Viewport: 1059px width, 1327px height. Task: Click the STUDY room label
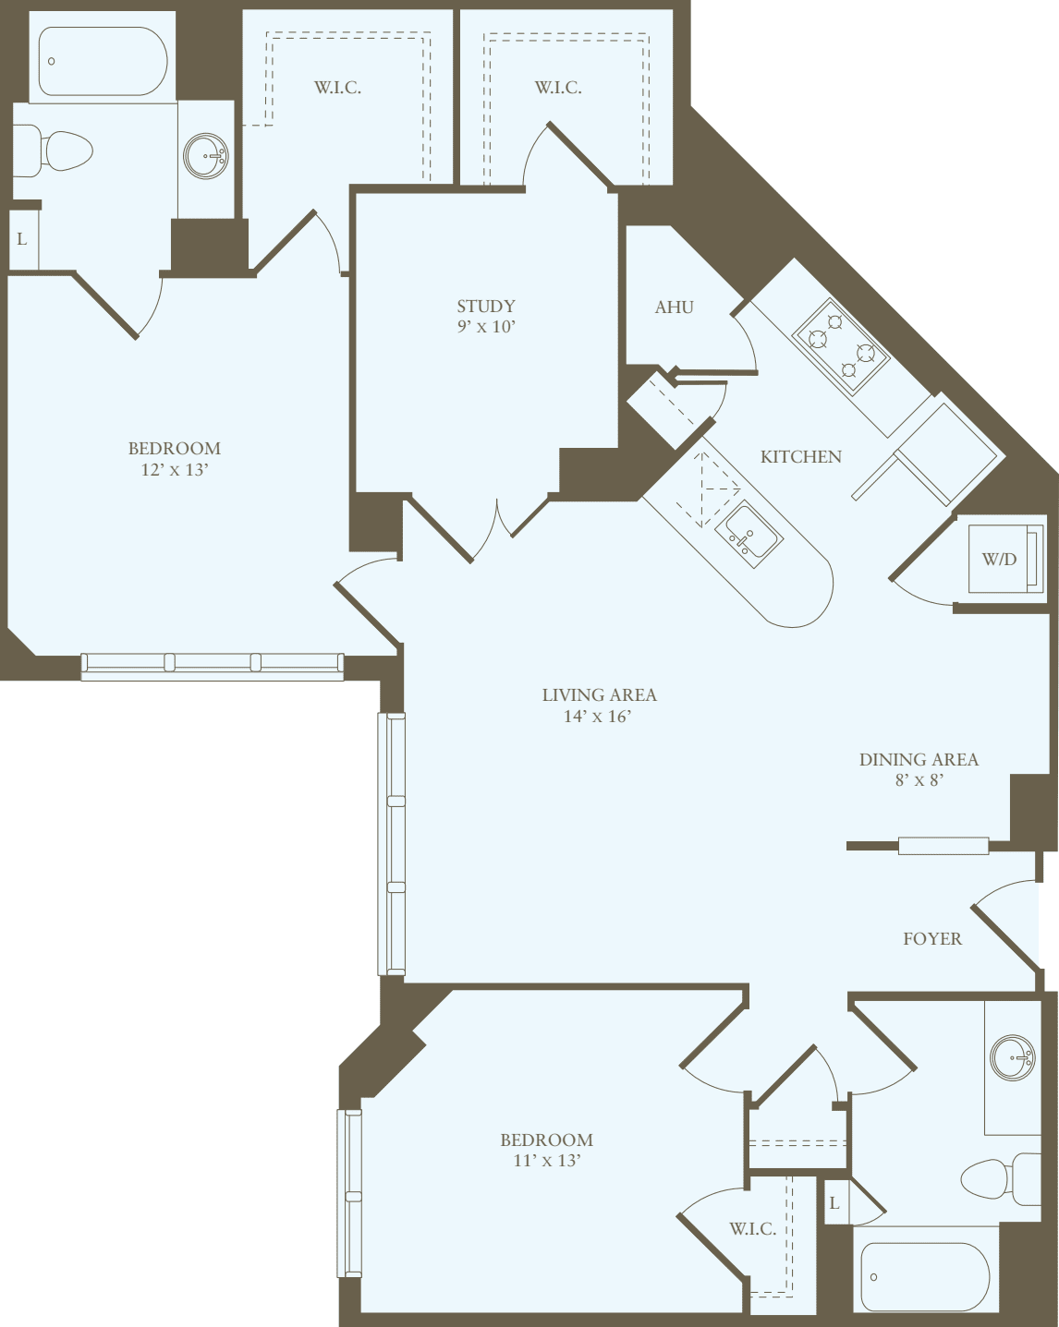point(486,306)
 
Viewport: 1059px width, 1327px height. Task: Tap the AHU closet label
point(674,308)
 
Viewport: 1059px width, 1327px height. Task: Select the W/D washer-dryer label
point(999,559)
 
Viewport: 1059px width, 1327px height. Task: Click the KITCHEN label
point(800,456)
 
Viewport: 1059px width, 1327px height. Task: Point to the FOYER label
point(931,938)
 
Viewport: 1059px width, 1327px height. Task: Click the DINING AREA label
point(918,759)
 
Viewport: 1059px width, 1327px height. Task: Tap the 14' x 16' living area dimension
point(598,716)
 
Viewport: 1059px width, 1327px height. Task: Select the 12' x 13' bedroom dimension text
point(174,469)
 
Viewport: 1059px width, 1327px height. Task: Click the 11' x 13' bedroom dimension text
point(546,1161)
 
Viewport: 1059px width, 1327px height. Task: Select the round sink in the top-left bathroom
point(205,156)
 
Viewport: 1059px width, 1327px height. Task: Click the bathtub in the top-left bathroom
point(103,61)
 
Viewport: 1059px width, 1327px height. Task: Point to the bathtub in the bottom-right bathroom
point(925,1276)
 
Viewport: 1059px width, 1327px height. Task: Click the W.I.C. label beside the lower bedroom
point(752,1228)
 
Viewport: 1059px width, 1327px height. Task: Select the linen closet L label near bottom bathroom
point(834,1203)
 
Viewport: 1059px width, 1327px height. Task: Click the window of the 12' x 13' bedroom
point(212,662)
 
